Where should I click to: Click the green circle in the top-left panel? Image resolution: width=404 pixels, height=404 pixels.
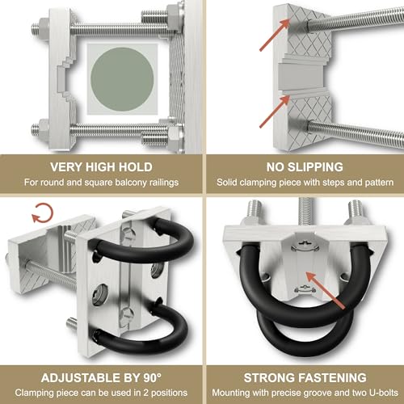pyautogui.click(x=122, y=79)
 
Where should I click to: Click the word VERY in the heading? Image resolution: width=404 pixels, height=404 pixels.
pyautogui.click(x=66, y=167)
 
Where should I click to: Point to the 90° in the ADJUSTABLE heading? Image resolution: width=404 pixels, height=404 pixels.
pyautogui.click(x=153, y=377)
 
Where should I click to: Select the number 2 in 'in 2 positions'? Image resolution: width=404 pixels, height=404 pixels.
pyautogui.click(x=145, y=393)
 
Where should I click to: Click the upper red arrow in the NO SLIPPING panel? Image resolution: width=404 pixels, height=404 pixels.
pyautogui.click(x=275, y=35)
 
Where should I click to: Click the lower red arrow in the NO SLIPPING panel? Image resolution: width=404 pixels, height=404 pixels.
pyautogui.click(x=275, y=112)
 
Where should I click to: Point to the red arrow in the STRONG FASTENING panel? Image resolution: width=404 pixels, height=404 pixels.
pyautogui.click(x=326, y=290)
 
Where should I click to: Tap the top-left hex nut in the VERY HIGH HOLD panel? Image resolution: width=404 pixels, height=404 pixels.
pyautogui.click(x=44, y=27)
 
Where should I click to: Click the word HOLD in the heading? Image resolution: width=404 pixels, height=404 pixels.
pyautogui.click(x=136, y=167)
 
